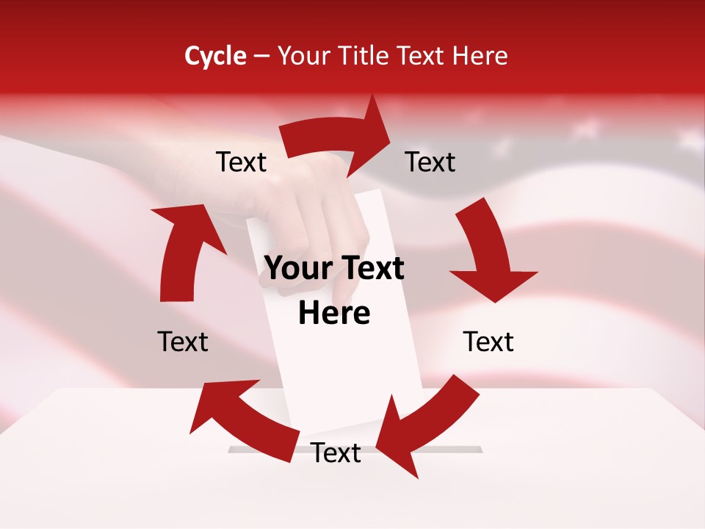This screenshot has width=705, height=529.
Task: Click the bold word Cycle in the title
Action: (x=215, y=55)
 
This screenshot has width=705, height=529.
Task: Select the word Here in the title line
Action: (x=480, y=55)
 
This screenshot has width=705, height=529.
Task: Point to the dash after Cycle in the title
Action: (x=261, y=56)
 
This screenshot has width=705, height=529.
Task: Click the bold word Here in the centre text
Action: (x=334, y=313)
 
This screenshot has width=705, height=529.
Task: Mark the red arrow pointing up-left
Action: (x=242, y=419)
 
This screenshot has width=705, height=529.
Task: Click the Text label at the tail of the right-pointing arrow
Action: (x=242, y=162)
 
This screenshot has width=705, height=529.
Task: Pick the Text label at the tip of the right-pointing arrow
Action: (x=430, y=162)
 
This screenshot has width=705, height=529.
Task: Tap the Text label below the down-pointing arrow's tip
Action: (x=488, y=342)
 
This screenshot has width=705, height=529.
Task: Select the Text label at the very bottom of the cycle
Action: (x=336, y=453)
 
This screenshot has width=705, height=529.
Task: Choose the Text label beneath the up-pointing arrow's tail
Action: (x=183, y=342)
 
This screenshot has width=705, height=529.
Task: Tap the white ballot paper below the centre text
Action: (x=345, y=375)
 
